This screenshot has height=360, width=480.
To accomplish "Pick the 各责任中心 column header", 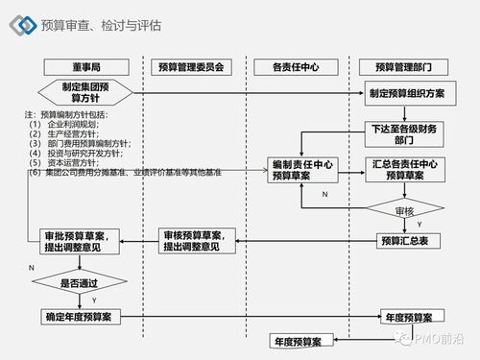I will tap(300, 67).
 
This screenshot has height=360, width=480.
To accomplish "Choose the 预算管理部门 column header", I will tap(409, 67).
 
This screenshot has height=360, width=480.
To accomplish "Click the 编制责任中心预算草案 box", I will tap(300, 170).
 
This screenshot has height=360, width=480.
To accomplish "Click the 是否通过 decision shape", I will tap(80, 283).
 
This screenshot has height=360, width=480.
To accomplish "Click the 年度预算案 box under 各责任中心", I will tap(300, 341).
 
